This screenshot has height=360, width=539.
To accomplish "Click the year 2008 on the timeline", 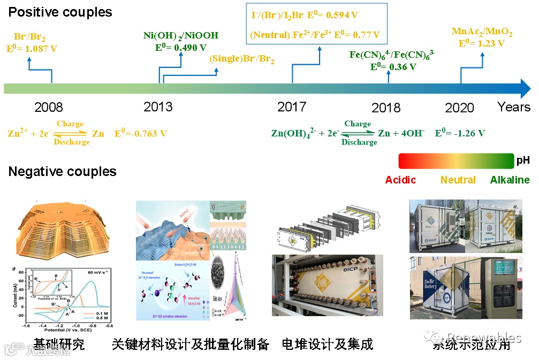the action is [49, 108].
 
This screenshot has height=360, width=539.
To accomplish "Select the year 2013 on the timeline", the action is [158, 106].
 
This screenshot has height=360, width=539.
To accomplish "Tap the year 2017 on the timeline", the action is [292, 106].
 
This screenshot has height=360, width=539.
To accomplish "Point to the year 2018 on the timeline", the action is [386, 108].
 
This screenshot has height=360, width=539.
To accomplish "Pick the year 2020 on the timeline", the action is [459, 108].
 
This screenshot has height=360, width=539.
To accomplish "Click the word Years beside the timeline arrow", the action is [514, 106].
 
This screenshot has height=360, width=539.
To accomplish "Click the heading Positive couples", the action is [60, 12].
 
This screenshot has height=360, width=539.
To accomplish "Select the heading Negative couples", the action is [62, 172].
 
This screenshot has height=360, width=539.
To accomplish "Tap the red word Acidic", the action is [401, 180].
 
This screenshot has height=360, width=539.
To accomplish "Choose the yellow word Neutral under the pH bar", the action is [458, 180].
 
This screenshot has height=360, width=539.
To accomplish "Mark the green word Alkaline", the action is [510, 180].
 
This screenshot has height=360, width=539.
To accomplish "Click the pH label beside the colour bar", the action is [522, 160].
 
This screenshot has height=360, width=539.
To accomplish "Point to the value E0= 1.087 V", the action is [32, 48].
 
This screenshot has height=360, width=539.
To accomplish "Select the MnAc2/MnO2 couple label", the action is [482, 33].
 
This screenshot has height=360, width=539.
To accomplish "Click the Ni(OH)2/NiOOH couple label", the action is [181, 36].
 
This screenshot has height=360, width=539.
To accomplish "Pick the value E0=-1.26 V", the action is [460, 133].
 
